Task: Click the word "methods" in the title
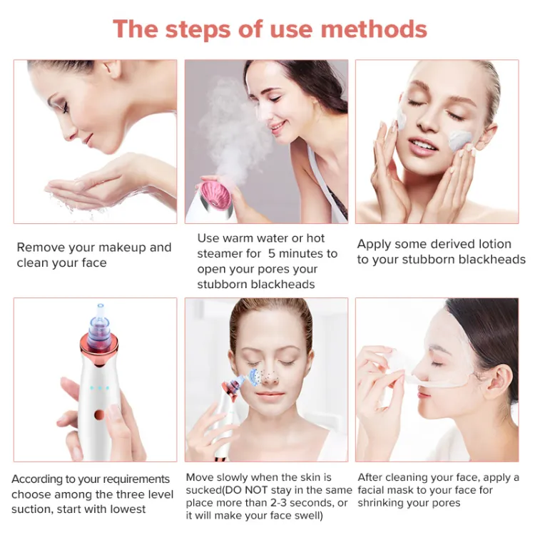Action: click(374, 29)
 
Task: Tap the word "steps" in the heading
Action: click(198, 30)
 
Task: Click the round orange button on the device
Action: click(99, 415)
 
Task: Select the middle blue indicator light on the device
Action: click(99, 388)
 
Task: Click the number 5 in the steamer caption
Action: click(272, 253)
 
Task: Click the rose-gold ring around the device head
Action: click(99, 349)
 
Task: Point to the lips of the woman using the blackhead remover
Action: click(270, 395)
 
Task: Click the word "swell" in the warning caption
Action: click(308, 515)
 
